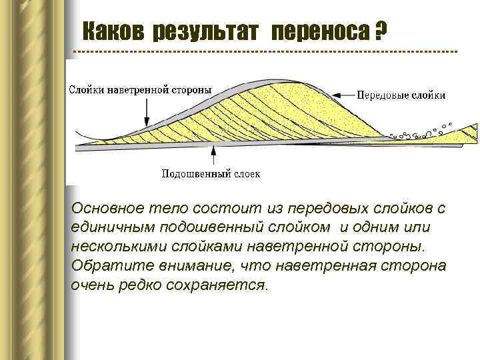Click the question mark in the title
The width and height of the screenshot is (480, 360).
[x=381, y=30]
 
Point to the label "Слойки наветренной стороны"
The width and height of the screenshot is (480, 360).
[x=141, y=89]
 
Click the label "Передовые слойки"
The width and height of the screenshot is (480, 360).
[x=401, y=95]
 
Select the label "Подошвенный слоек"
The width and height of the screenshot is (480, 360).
[x=211, y=174]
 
